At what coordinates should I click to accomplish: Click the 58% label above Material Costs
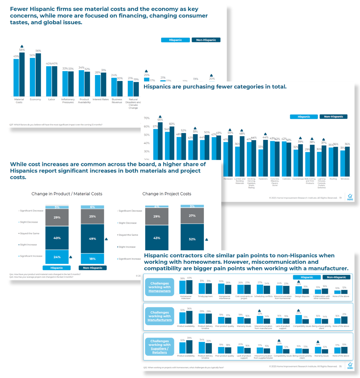pos(22,50)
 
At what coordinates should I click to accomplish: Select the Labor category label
pos(52,99)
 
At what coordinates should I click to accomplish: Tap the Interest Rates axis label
pos(101,99)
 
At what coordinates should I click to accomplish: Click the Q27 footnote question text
pos(56,124)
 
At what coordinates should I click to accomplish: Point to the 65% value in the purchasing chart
pos(160,120)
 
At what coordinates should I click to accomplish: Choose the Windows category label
pos(345,179)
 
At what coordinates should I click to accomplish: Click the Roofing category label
pos(333,179)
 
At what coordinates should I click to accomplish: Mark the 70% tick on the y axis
pos(147,118)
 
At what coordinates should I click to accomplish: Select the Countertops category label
pos(298,179)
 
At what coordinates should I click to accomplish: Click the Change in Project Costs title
pos(167,194)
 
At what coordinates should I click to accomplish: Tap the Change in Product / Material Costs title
pos(67,194)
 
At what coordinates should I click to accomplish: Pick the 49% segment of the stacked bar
pos(93,239)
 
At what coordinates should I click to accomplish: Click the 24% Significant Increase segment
pos(57,257)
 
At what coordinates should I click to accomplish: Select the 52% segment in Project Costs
pos(192,239)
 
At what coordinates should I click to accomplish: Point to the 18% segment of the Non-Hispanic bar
pos(93,259)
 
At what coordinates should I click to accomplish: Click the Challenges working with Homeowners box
pos(159,287)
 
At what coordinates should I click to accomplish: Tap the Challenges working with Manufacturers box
pos(159,316)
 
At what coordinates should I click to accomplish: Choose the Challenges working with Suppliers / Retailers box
pos(159,346)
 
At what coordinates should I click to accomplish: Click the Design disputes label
pos(302,296)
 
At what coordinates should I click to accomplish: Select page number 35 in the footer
pos(340,366)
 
